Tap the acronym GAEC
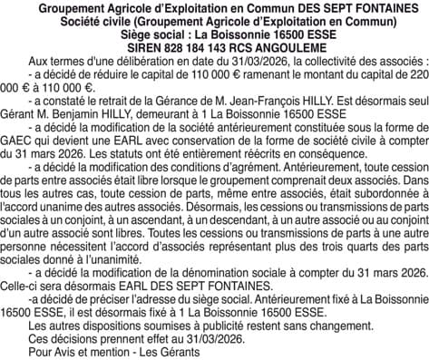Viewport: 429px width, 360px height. tap(20, 152)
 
